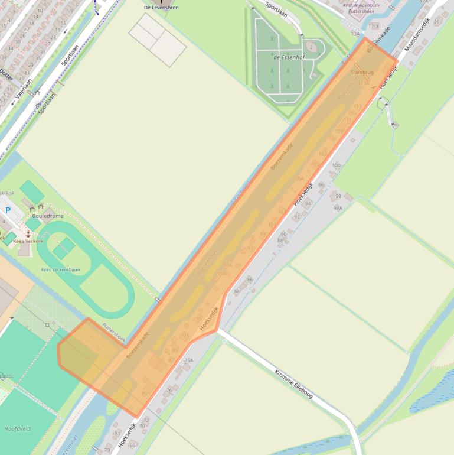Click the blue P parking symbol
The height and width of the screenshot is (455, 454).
(8, 210)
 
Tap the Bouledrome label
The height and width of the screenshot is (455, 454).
(47, 216)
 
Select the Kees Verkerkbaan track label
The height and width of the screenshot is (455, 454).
(60, 269)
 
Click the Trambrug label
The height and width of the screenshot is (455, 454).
(362, 72)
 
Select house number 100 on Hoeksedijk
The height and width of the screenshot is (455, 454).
(336, 165)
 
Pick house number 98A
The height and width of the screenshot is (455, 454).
(338, 208)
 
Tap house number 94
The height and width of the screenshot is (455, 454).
(308, 203)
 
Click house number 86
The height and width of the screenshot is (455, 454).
(250, 279)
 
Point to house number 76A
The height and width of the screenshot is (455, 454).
(189, 360)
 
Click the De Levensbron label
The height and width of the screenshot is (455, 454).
(161, 8)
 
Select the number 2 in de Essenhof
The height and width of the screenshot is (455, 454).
(311, 47)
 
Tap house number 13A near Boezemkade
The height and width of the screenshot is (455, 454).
(355, 34)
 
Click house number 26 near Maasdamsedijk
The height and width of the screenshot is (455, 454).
(437, 21)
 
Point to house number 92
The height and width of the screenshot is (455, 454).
(296, 217)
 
